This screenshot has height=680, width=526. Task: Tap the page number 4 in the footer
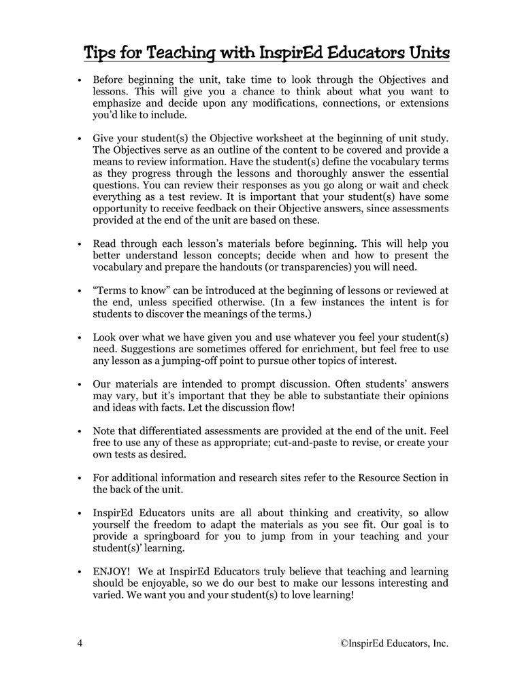click(x=80, y=643)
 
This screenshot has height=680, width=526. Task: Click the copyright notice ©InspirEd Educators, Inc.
click(x=394, y=643)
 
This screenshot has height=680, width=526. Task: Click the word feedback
click(x=208, y=209)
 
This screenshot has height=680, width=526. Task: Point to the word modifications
click(x=289, y=103)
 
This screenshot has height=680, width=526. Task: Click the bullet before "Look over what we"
click(x=80, y=337)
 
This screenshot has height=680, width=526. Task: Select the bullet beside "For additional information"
click(x=80, y=477)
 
